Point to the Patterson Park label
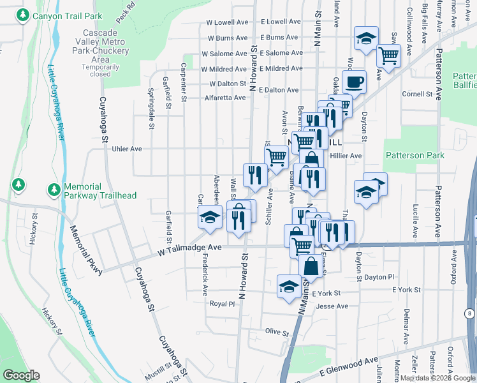pyautogui.click(x=415, y=155)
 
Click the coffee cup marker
pyautogui.click(x=354, y=82)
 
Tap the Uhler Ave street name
pyautogui.click(x=126, y=149)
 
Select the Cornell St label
pyautogui.click(x=417, y=94)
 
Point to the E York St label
pyautogui.click(x=327, y=293)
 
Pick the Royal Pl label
pyautogui.click(x=223, y=304)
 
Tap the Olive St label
pyautogui.click(x=277, y=331)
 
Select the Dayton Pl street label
pyautogui.click(x=379, y=277)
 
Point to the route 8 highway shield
pyautogui.click(x=469, y=313)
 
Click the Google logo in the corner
pyautogui.click(x=20, y=375)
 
